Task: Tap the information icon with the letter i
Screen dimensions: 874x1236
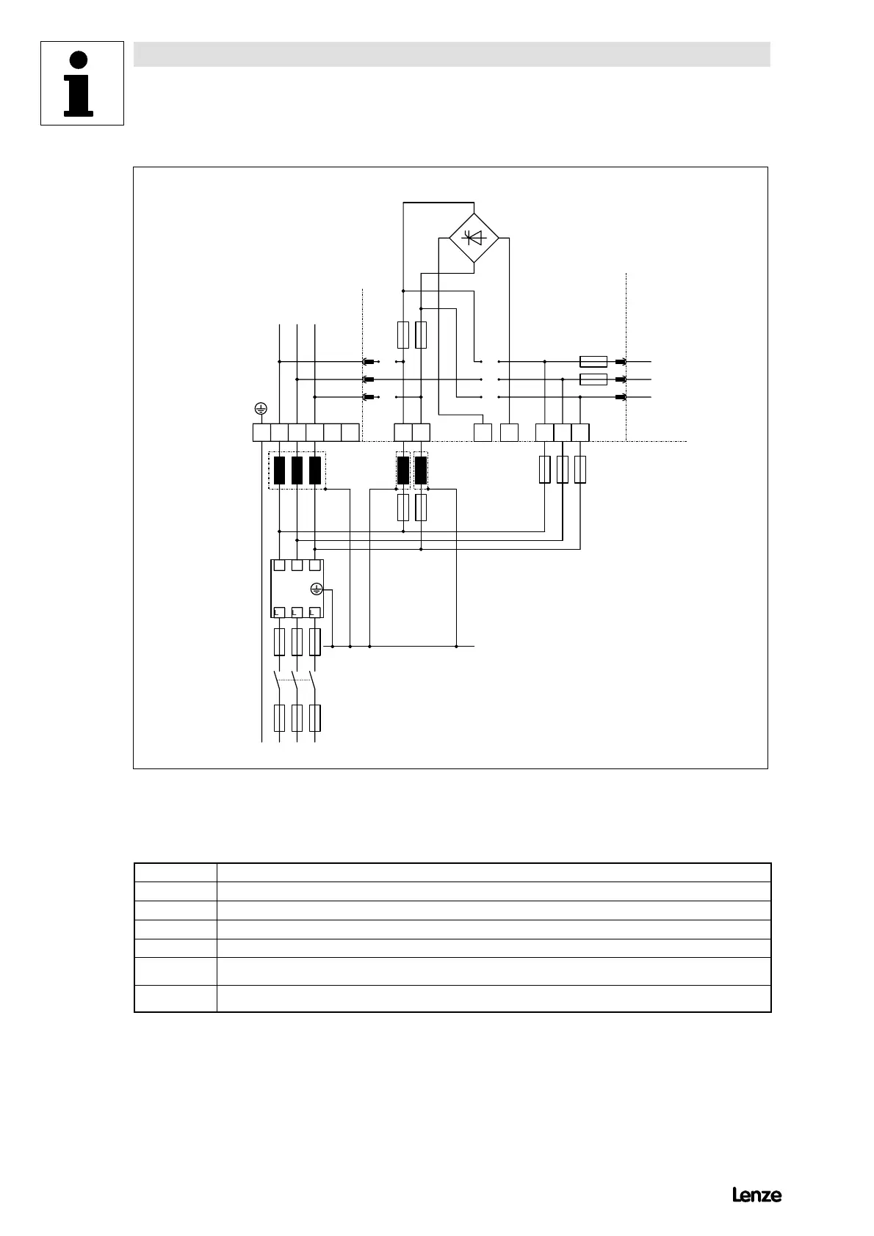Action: click(x=82, y=84)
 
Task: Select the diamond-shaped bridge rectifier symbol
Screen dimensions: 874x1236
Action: click(x=474, y=237)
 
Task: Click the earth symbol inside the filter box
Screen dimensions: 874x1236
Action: click(x=317, y=589)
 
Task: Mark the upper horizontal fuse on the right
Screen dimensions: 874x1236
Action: click(x=593, y=361)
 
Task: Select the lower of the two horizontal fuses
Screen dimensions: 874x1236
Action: click(x=593, y=379)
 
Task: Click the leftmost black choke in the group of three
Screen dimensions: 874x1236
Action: click(x=279, y=470)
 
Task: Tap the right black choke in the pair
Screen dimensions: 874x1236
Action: click(x=421, y=470)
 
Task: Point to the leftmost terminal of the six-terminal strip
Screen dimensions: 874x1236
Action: click(x=261, y=432)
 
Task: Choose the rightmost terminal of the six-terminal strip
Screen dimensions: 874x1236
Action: click(x=350, y=432)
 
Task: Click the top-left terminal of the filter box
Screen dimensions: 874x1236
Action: click(x=279, y=565)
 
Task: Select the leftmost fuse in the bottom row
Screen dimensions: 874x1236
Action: click(x=279, y=718)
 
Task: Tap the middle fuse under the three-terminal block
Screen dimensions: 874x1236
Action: click(x=563, y=470)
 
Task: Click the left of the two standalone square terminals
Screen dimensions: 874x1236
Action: click(x=483, y=432)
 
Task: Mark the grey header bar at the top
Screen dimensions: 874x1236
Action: click(x=452, y=54)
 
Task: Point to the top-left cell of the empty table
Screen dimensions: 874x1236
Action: click(x=176, y=872)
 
